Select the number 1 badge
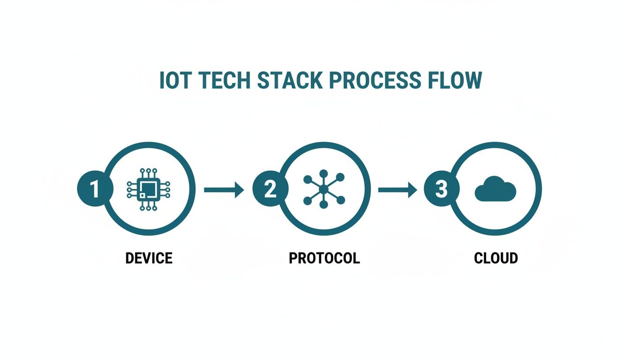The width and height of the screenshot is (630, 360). [x=95, y=189]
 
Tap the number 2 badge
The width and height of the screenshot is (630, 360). [x=270, y=189]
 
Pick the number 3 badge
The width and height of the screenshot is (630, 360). [x=442, y=189]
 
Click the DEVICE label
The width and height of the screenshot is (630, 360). [x=149, y=258]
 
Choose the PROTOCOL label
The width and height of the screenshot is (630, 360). [x=324, y=258]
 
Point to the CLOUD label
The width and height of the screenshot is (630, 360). [x=495, y=258]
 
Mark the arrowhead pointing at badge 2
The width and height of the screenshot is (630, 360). [x=239, y=189]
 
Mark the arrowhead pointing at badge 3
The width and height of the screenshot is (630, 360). [x=412, y=189]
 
